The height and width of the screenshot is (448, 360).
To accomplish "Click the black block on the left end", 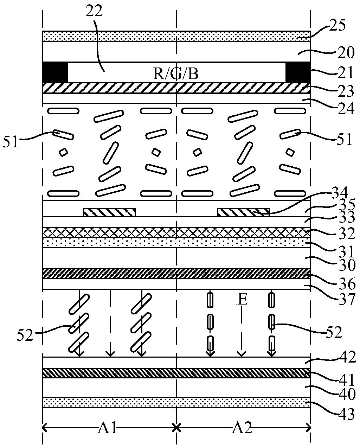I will point(54,72).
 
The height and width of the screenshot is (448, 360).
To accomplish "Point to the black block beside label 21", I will point(298,72).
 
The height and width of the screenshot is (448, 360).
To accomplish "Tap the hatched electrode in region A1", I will point(109,212).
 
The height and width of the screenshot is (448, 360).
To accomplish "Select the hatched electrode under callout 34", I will point(244,212).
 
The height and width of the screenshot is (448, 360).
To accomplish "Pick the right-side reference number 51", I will point(343,139).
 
